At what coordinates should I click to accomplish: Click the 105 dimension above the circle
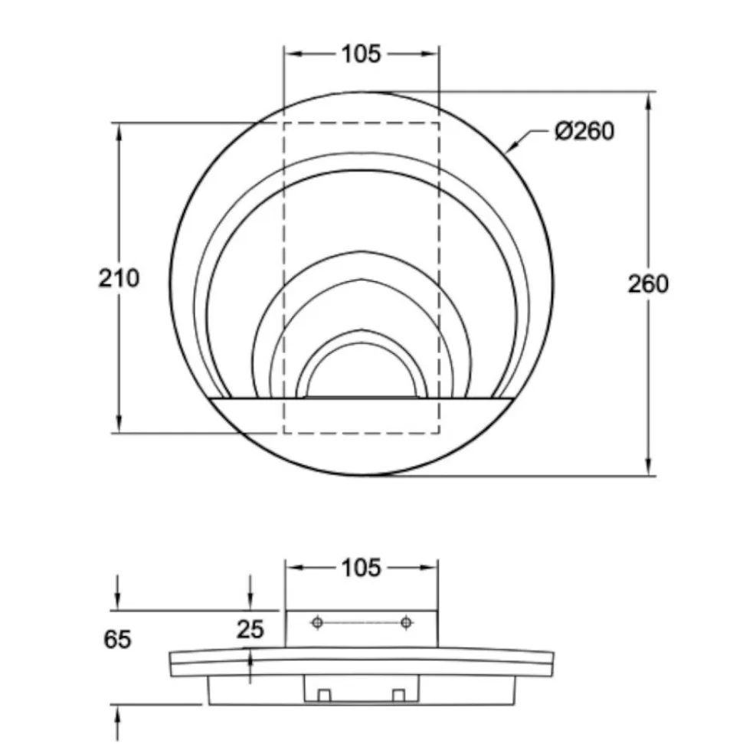click(361, 54)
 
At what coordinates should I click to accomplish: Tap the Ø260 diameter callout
click(584, 130)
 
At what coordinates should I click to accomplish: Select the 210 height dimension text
click(119, 278)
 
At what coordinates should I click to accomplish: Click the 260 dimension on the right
click(648, 284)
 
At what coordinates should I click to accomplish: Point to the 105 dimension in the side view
click(361, 568)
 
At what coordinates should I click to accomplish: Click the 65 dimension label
click(117, 639)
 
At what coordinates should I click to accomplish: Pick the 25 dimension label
click(250, 629)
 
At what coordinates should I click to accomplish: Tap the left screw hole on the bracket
click(317, 622)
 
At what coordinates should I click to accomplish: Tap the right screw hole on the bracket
click(406, 622)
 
